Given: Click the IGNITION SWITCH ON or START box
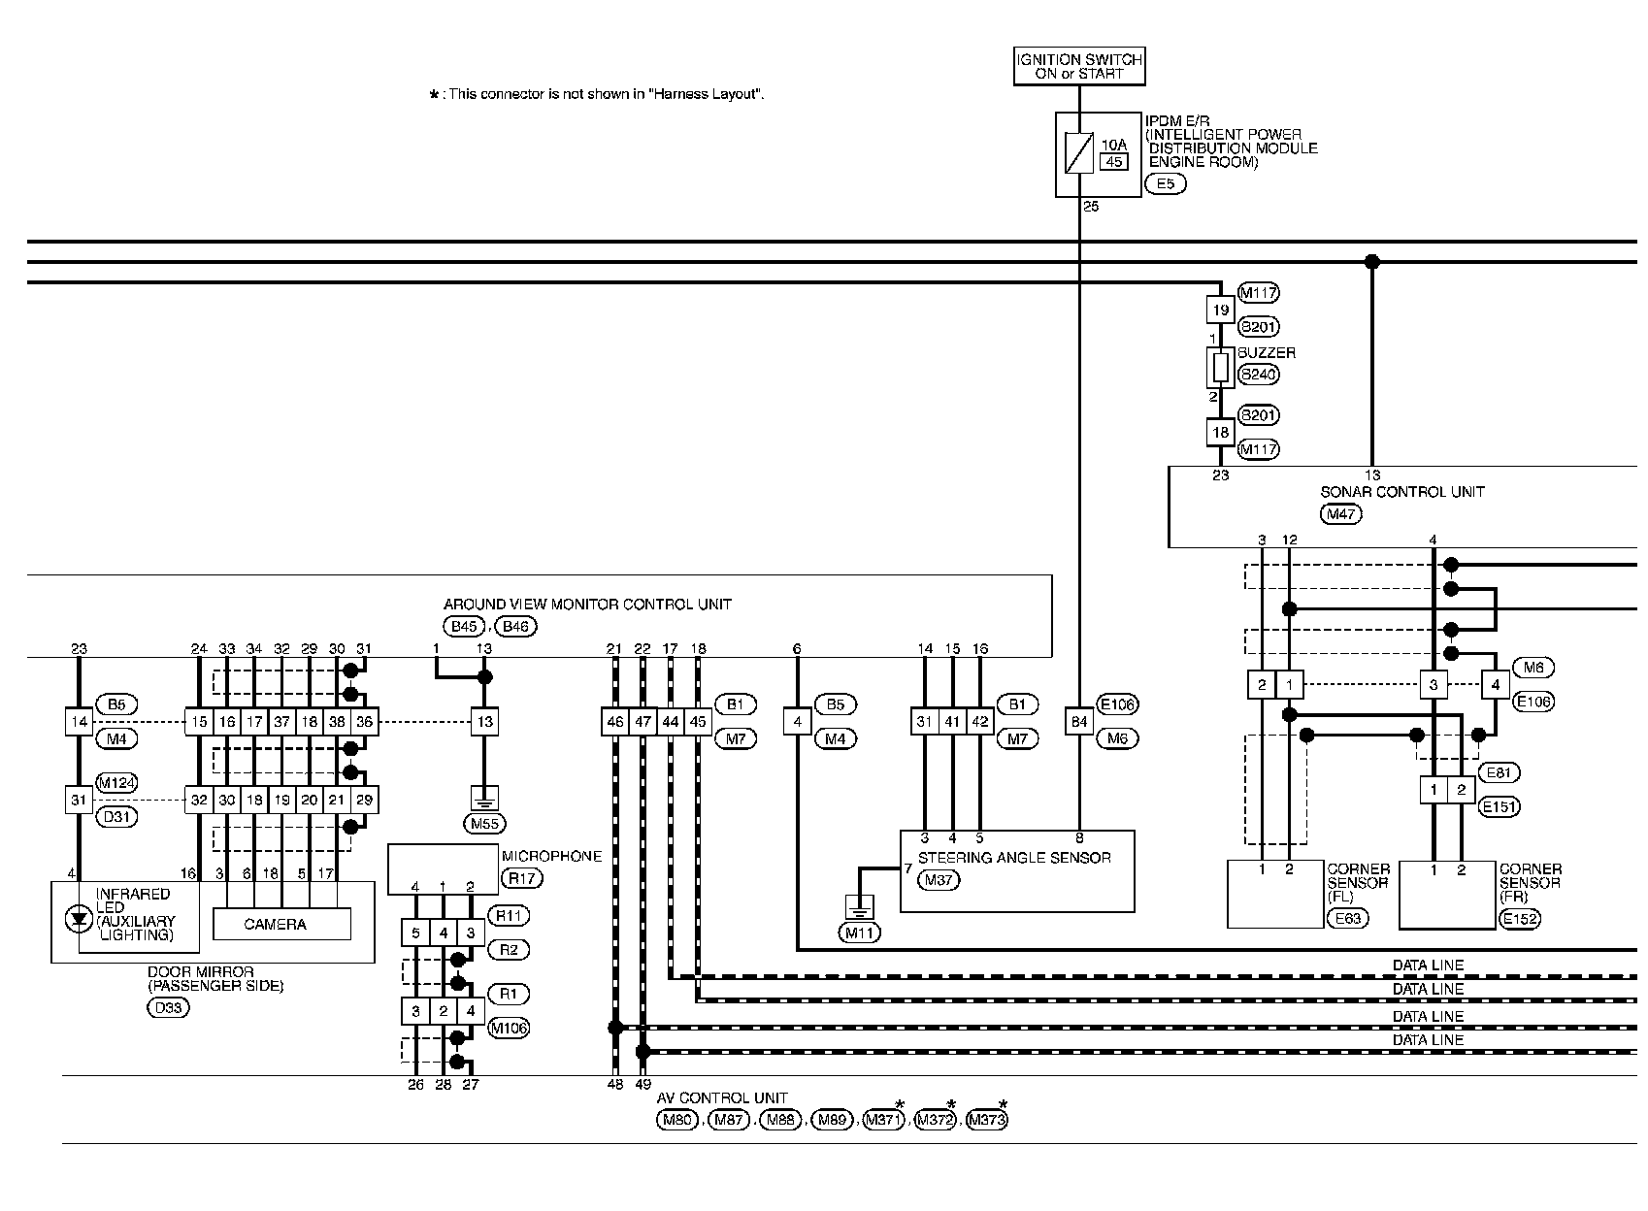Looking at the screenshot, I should coord(1079,66).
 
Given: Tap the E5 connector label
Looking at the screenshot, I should coord(1165,183).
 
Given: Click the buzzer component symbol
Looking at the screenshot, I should coord(1221,368).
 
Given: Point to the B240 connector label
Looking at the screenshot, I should coord(1259,375).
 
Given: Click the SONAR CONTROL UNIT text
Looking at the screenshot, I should coord(1401,492).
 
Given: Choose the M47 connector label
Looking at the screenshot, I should coord(1340,514).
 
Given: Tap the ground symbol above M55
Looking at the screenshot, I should coord(483,798).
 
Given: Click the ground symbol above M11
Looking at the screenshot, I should coord(860,906).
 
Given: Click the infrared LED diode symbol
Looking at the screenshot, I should coord(78,918).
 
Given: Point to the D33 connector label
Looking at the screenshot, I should coord(168,1007).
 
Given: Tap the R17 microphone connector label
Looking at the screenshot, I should coord(521,879).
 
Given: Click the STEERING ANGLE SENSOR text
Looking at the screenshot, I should coord(1013,858).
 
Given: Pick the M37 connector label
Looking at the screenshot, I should coord(938,880).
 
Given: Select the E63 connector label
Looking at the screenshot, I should coord(1348,917).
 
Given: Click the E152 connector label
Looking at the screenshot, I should coord(1520,918).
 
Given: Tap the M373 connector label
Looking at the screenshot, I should coord(988,1121).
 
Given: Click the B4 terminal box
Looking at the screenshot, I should coord(1079,722).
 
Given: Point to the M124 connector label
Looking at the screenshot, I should coord(116,783).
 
